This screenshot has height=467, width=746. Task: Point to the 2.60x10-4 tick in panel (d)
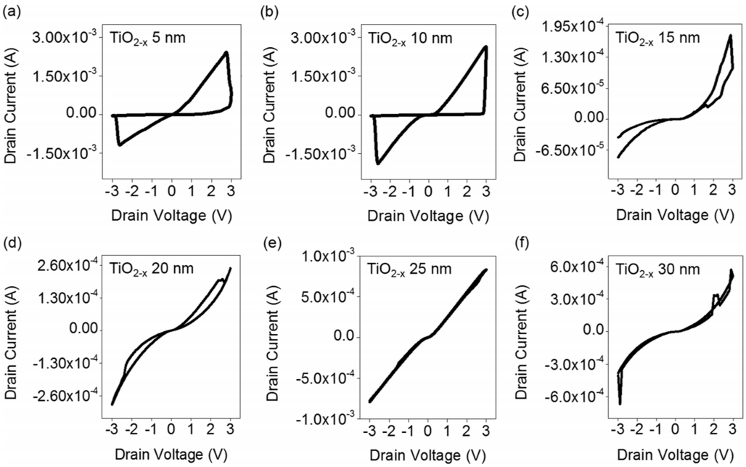[x=62, y=266]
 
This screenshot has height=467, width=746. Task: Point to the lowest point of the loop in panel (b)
[x=378, y=163]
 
